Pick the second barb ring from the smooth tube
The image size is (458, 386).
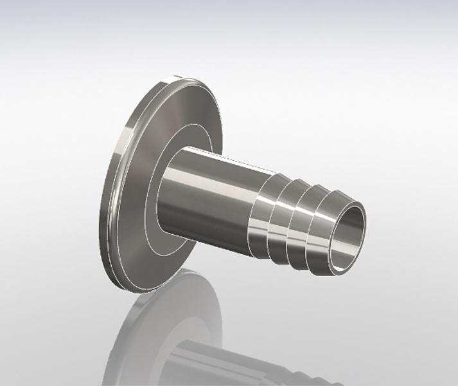[280, 212]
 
